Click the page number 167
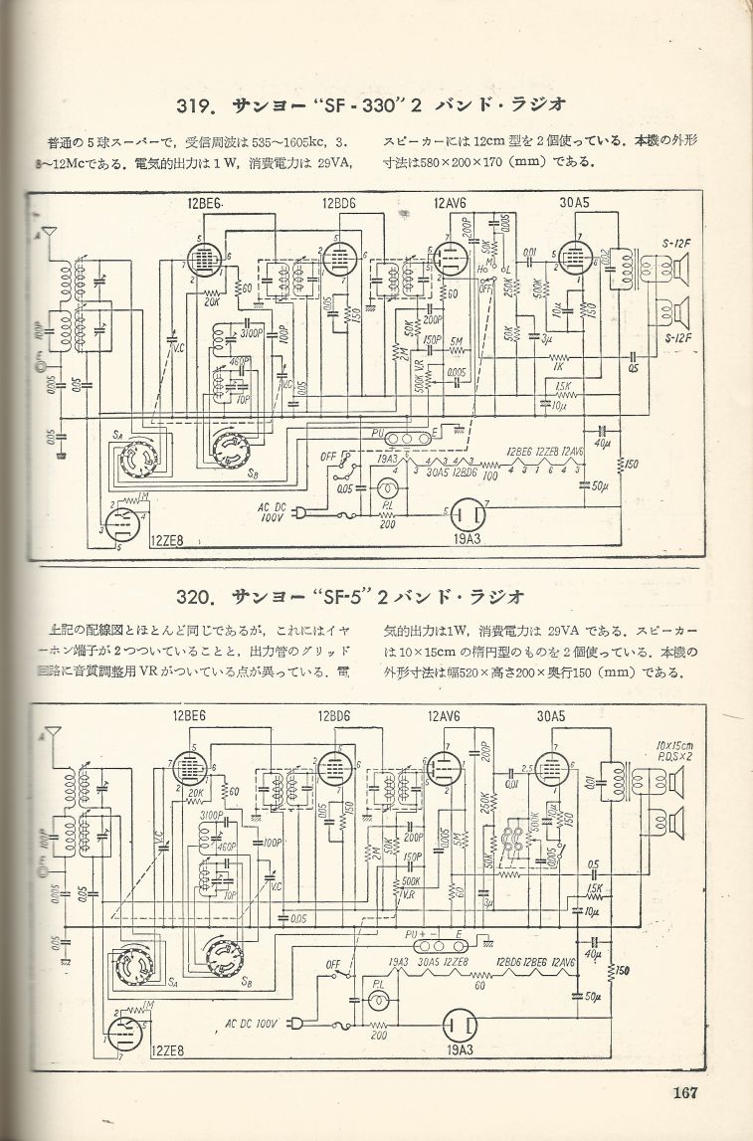pos(683,1093)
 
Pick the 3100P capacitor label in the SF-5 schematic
pos(210,815)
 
